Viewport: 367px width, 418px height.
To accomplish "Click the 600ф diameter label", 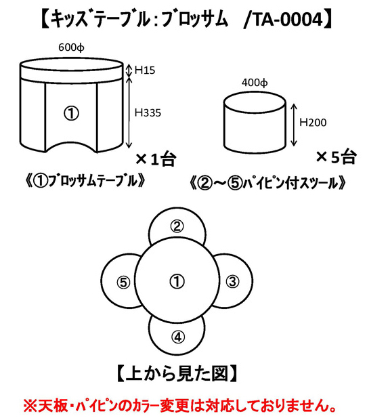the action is tap(71, 47).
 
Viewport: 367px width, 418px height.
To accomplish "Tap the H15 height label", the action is tap(145, 70).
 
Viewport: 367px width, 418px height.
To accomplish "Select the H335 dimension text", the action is tap(148, 112).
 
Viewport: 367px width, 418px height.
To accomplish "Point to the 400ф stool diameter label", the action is tap(255, 83).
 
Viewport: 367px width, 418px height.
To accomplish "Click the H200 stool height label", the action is tap(313, 123).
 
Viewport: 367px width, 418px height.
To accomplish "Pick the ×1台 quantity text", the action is tap(156, 159).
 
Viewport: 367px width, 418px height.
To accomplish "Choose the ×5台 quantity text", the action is tap(336, 157).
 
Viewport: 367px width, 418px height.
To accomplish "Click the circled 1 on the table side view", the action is tap(71, 114).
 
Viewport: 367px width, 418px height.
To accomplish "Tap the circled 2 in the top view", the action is tap(177, 226).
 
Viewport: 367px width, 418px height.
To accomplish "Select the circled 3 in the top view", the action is tap(232, 281).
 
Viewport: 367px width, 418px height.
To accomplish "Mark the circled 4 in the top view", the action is tap(178, 337).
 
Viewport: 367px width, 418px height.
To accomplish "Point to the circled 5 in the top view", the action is tap(123, 283).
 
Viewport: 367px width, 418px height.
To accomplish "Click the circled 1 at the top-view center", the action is tap(177, 281).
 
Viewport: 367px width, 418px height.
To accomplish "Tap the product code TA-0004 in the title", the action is tap(287, 20).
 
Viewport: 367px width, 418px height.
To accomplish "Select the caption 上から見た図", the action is tap(177, 374).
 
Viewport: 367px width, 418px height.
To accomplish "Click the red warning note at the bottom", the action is tap(179, 406).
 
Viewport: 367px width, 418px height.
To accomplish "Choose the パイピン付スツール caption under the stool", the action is tap(268, 183).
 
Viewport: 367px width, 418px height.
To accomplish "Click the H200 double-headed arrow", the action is tap(293, 125).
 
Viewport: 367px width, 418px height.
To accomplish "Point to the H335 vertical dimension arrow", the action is tap(129, 112).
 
